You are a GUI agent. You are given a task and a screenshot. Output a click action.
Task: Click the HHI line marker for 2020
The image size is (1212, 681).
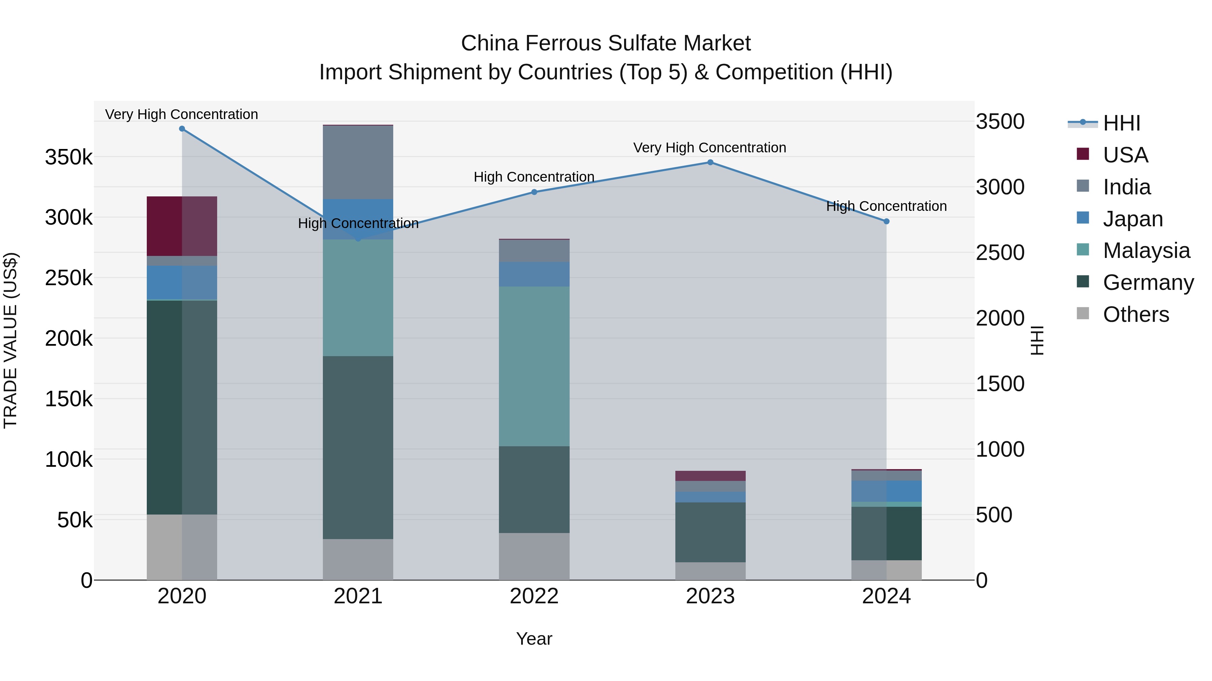[x=182, y=129]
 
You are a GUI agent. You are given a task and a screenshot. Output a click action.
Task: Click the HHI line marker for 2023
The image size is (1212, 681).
[x=710, y=163]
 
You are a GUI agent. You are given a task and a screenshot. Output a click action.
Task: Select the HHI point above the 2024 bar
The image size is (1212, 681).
[x=886, y=221]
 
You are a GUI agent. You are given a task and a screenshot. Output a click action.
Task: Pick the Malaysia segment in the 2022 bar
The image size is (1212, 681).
[x=534, y=366]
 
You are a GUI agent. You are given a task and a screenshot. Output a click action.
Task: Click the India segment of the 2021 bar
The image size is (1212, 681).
[x=358, y=162]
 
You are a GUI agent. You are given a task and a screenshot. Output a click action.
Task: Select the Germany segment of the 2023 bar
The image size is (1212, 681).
[x=710, y=532]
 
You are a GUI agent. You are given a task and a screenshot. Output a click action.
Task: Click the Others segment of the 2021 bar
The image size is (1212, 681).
[x=358, y=559]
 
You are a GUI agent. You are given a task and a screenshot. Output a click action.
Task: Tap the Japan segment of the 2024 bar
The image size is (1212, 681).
[x=886, y=491]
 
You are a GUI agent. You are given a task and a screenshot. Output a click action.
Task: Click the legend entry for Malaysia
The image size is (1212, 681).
[x=1146, y=251]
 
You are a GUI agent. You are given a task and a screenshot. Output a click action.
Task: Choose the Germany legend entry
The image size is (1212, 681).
[x=1148, y=282]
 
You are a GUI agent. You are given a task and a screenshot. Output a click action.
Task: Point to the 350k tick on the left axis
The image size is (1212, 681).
[x=69, y=157]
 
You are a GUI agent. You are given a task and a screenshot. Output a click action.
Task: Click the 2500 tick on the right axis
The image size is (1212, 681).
[x=1000, y=253]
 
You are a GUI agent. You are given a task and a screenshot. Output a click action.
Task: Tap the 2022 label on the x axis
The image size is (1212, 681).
[x=534, y=596]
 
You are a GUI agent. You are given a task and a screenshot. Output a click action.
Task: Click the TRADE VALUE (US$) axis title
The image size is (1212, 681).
[x=10, y=340]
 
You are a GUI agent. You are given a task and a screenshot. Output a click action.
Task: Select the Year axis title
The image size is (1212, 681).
[x=534, y=639]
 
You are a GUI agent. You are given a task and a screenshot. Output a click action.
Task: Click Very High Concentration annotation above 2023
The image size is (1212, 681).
[x=709, y=148]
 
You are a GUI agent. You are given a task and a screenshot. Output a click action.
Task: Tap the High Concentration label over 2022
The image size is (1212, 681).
[x=534, y=177]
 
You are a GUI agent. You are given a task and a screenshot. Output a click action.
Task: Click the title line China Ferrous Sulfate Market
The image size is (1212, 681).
[x=606, y=43]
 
